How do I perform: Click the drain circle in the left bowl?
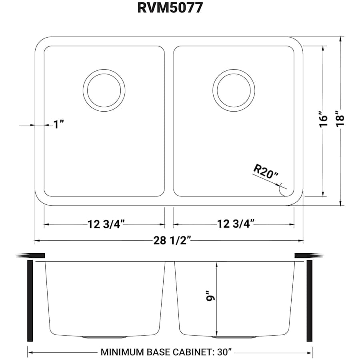tap(104, 90)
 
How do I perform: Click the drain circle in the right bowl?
tap(234, 90)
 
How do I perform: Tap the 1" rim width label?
tap(59, 125)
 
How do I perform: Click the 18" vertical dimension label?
tap(340, 120)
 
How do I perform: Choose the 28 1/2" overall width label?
tap(169, 240)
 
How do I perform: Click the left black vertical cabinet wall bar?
tap(30, 300)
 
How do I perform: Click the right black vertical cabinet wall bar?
tap(309, 300)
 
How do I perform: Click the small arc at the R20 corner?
tap(282, 191)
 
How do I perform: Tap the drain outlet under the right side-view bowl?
tap(244, 337)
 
